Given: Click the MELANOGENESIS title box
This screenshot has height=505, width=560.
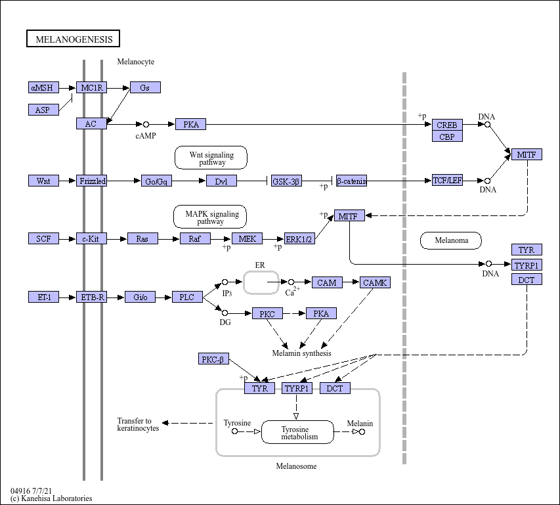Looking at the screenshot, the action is [74, 39].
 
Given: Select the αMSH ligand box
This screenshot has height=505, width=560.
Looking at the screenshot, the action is [43, 87].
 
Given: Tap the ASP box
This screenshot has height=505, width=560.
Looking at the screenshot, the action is [43, 110].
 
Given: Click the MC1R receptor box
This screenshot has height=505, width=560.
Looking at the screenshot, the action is [91, 87].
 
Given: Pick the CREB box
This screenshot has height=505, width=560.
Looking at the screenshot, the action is [447, 125].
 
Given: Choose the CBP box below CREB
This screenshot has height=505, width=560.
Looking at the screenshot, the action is [447, 136].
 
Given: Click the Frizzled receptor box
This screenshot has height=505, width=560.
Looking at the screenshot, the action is [91, 181].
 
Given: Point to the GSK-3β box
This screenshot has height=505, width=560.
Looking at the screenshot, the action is [286, 181].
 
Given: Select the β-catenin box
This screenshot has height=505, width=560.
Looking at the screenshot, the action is [351, 181].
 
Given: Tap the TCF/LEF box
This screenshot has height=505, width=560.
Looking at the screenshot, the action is [447, 181].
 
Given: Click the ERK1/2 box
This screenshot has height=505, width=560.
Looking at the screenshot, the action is [299, 238].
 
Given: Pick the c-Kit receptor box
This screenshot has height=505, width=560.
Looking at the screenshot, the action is [91, 238].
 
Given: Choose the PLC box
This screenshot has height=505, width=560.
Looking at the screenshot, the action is [187, 297].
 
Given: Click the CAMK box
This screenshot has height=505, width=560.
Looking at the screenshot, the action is [375, 282].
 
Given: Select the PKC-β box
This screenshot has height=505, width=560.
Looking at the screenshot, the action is [213, 359].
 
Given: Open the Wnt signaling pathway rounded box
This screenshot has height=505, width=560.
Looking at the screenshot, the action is [211, 158].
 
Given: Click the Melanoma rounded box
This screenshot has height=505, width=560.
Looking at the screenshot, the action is [451, 240].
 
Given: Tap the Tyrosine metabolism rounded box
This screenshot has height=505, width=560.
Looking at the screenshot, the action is [297, 432].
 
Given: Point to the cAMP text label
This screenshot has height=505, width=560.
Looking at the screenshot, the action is [146, 136].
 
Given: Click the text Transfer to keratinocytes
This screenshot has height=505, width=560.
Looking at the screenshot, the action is [138, 424].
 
